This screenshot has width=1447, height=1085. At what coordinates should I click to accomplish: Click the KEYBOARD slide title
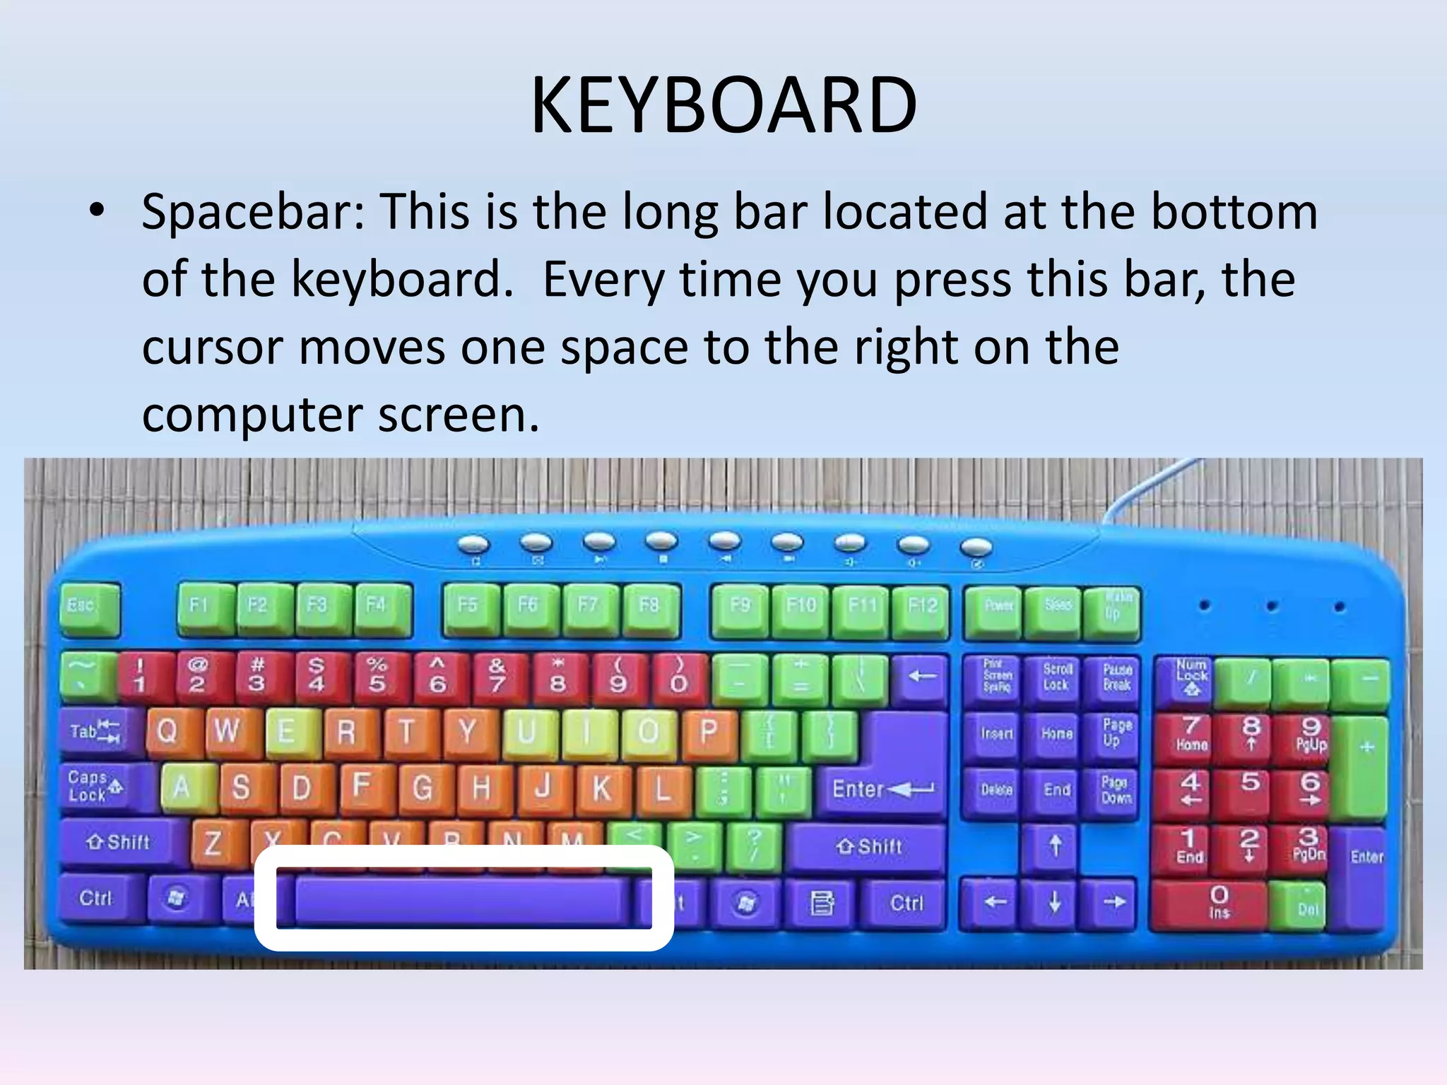[x=723, y=106]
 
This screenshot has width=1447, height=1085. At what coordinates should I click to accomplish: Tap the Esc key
[x=88, y=607]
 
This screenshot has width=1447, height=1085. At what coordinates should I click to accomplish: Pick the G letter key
[x=423, y=787]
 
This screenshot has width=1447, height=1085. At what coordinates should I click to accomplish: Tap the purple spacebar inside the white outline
[x=463, y=901]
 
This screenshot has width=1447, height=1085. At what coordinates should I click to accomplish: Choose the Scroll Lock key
[x=1057, y=678]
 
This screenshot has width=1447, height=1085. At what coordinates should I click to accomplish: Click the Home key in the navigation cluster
[x=1057, y=735]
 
